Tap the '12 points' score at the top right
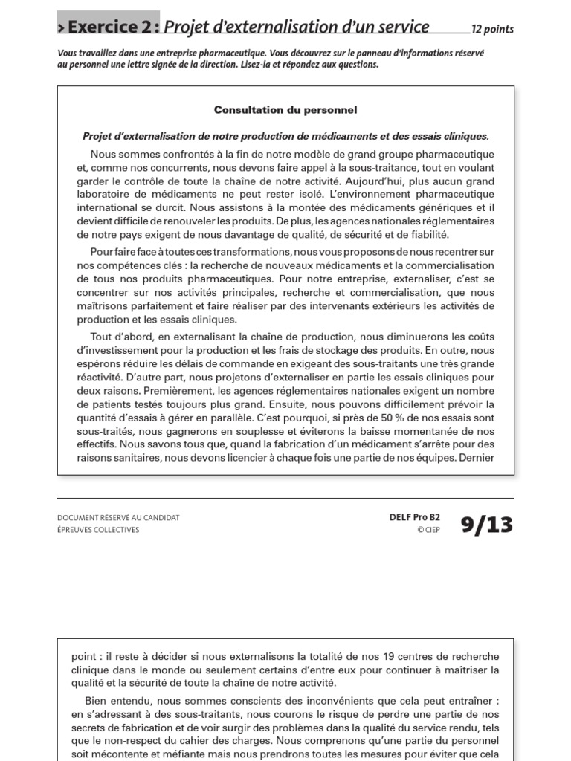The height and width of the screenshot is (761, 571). (x=492, y=30)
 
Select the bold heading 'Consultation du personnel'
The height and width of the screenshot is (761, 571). (x=285, y=110)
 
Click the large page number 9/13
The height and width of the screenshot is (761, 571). (x=486, y=525)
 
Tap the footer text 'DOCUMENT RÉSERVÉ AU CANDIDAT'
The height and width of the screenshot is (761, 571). (x=118, y=517)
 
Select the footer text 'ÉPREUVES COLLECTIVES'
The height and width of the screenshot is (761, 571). (x=98, y=530)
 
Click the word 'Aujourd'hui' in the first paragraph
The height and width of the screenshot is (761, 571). (x=365, y=181)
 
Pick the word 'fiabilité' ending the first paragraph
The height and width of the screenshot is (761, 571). (x=427, y=235)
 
